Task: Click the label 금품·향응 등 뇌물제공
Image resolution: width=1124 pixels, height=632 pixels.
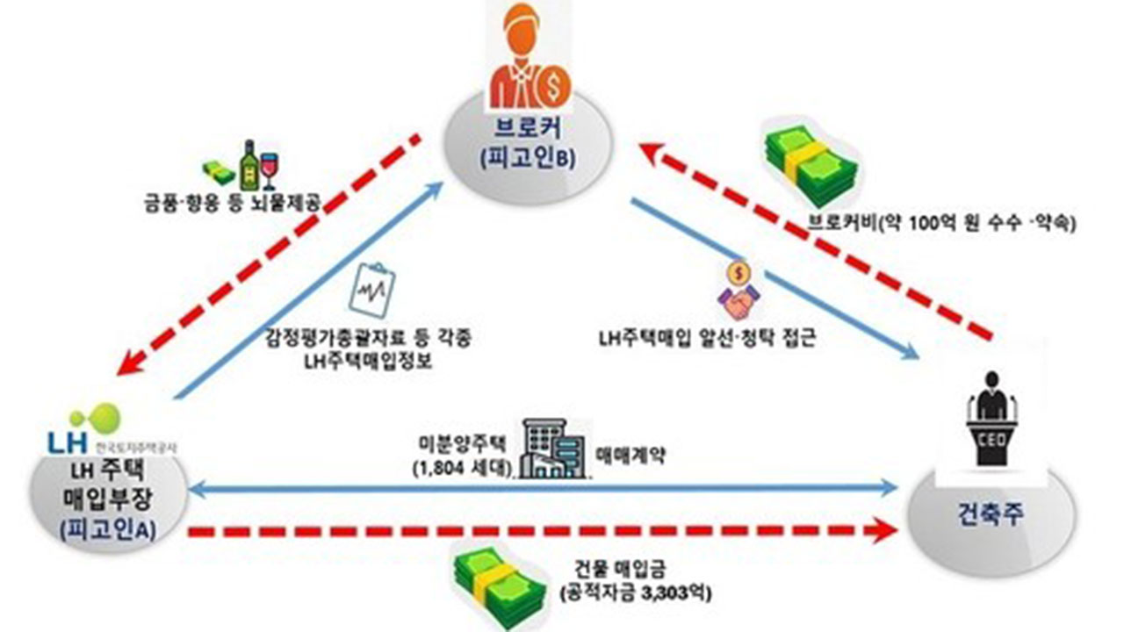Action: coord(232,205)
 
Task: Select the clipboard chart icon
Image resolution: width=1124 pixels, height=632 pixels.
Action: coord(371,295)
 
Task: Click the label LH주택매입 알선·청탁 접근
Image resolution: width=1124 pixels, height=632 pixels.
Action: coord(704,337)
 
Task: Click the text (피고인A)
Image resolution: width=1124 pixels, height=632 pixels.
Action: coord(109,530)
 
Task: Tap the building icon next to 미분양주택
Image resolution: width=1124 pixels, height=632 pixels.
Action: coord(552,449)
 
